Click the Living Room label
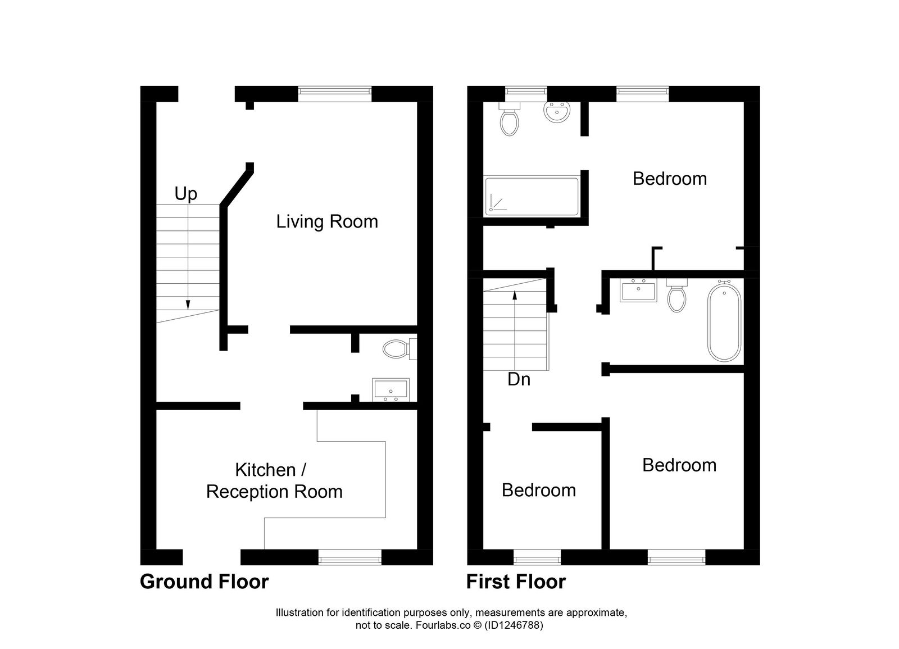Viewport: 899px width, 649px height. tap(327, 221)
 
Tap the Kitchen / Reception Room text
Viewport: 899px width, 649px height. tap(274, 480)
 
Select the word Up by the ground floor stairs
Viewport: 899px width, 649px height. tap(185, 194)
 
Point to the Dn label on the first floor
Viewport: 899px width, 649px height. tap(519, 380)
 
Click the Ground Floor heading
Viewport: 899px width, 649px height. tap(204, 582)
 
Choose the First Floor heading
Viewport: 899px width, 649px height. tap(516, 582)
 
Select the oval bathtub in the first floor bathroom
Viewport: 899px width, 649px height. tap(724, 321)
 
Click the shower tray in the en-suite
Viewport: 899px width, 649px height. tap(532, 196)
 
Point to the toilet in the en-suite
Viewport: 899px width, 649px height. tap(510, 120)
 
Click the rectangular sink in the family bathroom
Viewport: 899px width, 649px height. tap(638, 291)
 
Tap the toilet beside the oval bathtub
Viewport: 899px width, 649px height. tap(676, 296)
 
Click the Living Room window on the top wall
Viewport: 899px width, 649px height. tap(334, 93)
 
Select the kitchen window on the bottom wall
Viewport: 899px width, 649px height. tap(349, 557)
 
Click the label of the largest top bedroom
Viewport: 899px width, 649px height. tap(669, 179)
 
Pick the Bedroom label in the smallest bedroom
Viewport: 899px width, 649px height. tap(538, 490)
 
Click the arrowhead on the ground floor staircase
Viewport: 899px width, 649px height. tap(188, 305)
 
